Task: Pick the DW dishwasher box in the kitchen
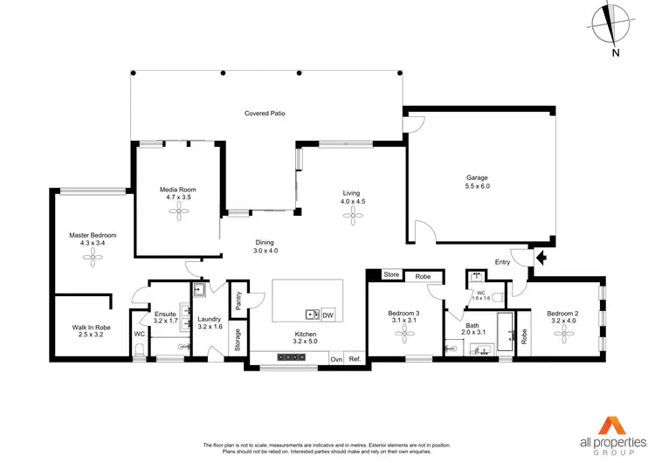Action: point(328,314)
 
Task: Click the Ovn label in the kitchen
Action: point(336,359)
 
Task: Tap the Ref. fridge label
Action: point(355,359)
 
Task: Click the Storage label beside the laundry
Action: point(238,341)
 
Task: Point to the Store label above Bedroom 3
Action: point(390,275)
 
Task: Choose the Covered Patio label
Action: point(265,114)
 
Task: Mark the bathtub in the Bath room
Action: point(506,330)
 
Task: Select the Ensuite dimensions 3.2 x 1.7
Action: point(166,321)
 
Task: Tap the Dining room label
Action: point(265,242)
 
